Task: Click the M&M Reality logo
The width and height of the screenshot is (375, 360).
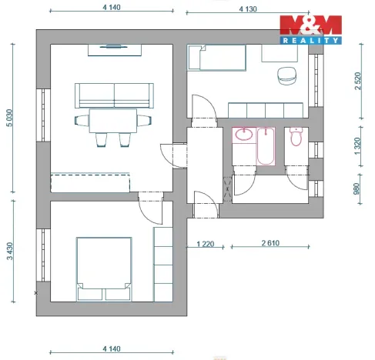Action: click(310, 29)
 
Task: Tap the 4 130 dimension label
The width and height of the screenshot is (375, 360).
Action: click(246, 9)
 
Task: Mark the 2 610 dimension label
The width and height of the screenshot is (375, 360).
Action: click(270, 245)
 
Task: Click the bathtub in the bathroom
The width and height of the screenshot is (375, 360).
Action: click(265, 146)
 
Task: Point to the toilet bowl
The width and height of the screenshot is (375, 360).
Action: click(296, 137)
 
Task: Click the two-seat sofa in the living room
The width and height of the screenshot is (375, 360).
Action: click(114, 95)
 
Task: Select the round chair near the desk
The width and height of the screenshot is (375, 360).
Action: click(286, 75)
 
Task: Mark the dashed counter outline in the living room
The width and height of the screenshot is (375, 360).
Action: click(90, 183)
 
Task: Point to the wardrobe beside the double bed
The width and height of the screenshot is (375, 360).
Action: click(164, 262)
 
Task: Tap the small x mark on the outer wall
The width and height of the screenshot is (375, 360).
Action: click(36, 292)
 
